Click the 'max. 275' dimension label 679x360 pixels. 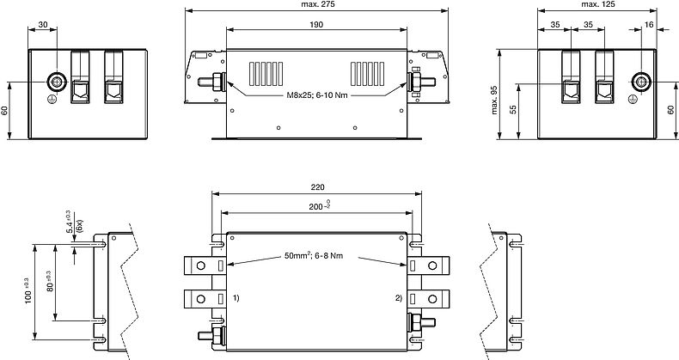click(317, 6)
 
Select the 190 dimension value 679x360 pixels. click(317, 26)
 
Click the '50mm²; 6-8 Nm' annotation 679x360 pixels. click(317, 256)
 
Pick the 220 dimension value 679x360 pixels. click(317, 187)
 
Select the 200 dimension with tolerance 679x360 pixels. click(317, 207)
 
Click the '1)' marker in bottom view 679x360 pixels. click(236, 298)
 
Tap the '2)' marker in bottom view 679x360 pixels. click(397, 298)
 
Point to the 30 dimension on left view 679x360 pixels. click(43, 25)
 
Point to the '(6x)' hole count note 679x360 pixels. click(78, 225)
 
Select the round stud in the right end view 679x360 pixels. click(639, 82)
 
